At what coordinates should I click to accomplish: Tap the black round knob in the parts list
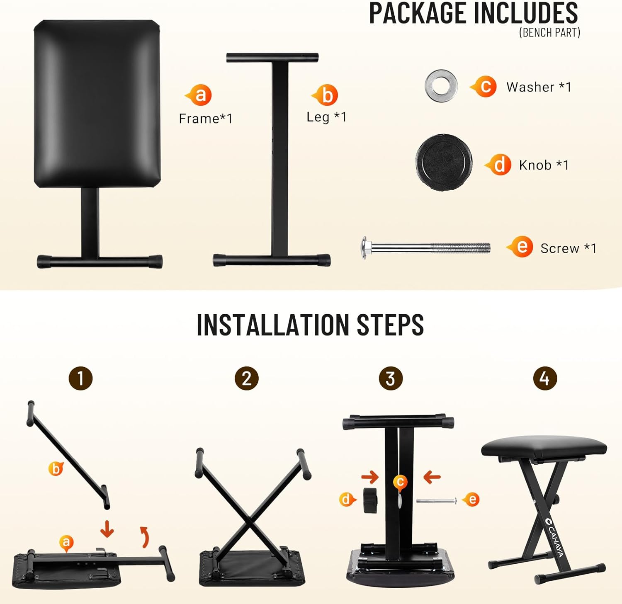tap(444, 162)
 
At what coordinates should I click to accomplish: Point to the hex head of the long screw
tap(364, 248)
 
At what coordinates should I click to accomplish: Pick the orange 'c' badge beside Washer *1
tap(484, 86)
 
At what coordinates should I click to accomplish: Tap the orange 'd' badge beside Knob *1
tap(499, 165)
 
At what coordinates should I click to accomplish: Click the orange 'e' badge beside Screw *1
tap(521, 247)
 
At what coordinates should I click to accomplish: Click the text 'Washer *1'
tap(539, 87)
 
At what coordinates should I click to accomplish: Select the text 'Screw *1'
tap(568, 248)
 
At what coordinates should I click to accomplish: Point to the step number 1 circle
tap(80, 378)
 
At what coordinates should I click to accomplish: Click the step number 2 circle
tap(247, 378)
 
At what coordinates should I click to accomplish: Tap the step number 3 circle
tap(391, 378)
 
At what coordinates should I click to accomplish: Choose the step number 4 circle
tap(544, 378)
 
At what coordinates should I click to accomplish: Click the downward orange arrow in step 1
tap(107, 529)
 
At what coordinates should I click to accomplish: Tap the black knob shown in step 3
tap(370, 500)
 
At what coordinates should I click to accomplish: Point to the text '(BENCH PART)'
tap(549, 32)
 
